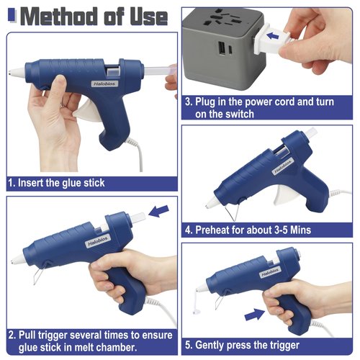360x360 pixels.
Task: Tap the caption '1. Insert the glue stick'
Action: coord(56,183)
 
